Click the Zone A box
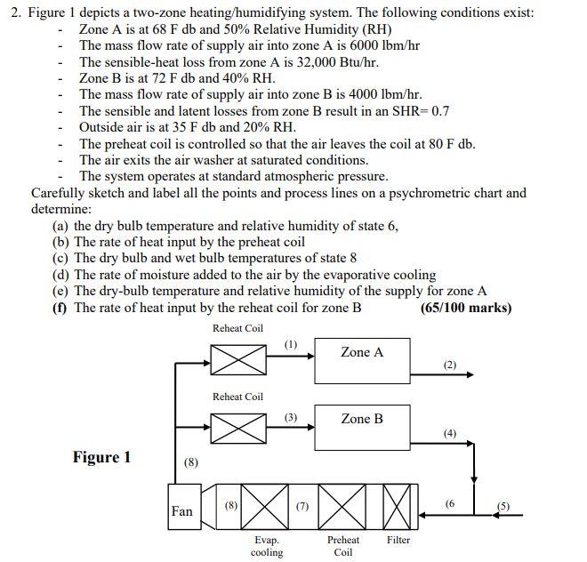click(362, 360)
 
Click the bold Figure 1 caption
click(101, 457)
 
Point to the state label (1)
click(291, 343)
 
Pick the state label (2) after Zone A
click(449, 365)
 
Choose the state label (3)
click(291, 416)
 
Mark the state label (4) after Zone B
click(449, 433)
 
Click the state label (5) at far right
click(504, 506)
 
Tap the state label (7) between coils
click(302, 506)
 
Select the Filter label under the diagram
click(398, 540)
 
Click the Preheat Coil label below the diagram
click(343, 546)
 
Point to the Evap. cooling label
click(267, 546)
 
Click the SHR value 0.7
click(440, 110)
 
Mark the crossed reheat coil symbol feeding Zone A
click(237, 356)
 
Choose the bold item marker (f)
click(61, 308)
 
